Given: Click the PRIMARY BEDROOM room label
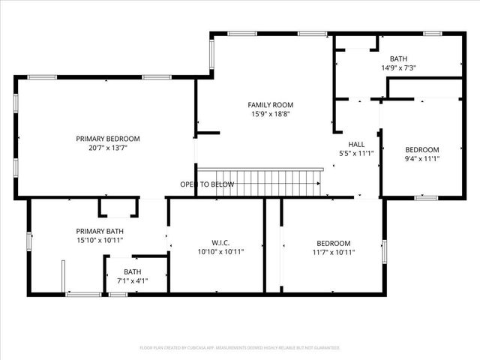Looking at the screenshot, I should pyautogui.click(x=108, y=139).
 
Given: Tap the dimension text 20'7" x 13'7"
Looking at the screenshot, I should pyautogui.click(x=108, y=148).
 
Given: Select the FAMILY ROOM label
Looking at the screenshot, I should pyautogui.click(x=271, y=105).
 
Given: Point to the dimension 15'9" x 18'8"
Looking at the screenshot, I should pyautogui.click(x=271, y=115).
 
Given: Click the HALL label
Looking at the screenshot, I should pyautogui.click(x=356, y=144).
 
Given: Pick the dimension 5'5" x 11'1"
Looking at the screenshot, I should pyautogui.click(x=356, y=154).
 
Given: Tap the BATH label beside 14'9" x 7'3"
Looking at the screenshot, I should pyautogui.click(x=398, y=58).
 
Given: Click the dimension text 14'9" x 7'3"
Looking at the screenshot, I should pyautogui.click(x=398, y=68).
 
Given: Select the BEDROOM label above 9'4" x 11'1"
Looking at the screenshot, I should pyautogui.click(x=422, y=149).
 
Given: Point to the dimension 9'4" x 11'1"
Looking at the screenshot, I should pyautogui.click(x=422, y=159).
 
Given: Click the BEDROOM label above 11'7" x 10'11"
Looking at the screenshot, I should pyautogui.click(x=333, y=243).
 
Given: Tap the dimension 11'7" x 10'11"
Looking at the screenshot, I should pyautogui.click(x=333, y=253).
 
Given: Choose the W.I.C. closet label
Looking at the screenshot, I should pyautogui.click(x=220, y=243).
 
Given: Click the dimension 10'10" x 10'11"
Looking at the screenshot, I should pyautogui.click(x=220, y=253).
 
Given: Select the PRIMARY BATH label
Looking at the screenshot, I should pyautogui.click(x=99, y=231).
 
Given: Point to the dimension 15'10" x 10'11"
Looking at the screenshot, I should pyautogui.click(x=99, y=241).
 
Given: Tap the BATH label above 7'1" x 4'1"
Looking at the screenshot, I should pyautogui.click(x=132, y=271).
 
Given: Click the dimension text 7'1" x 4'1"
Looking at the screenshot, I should pyautogui.click(x=132, y=281).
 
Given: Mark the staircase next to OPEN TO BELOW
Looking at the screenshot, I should pyautogui.click(x=270, y=182).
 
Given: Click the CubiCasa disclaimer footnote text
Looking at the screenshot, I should pyautogui.click(x=240, y=348).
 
